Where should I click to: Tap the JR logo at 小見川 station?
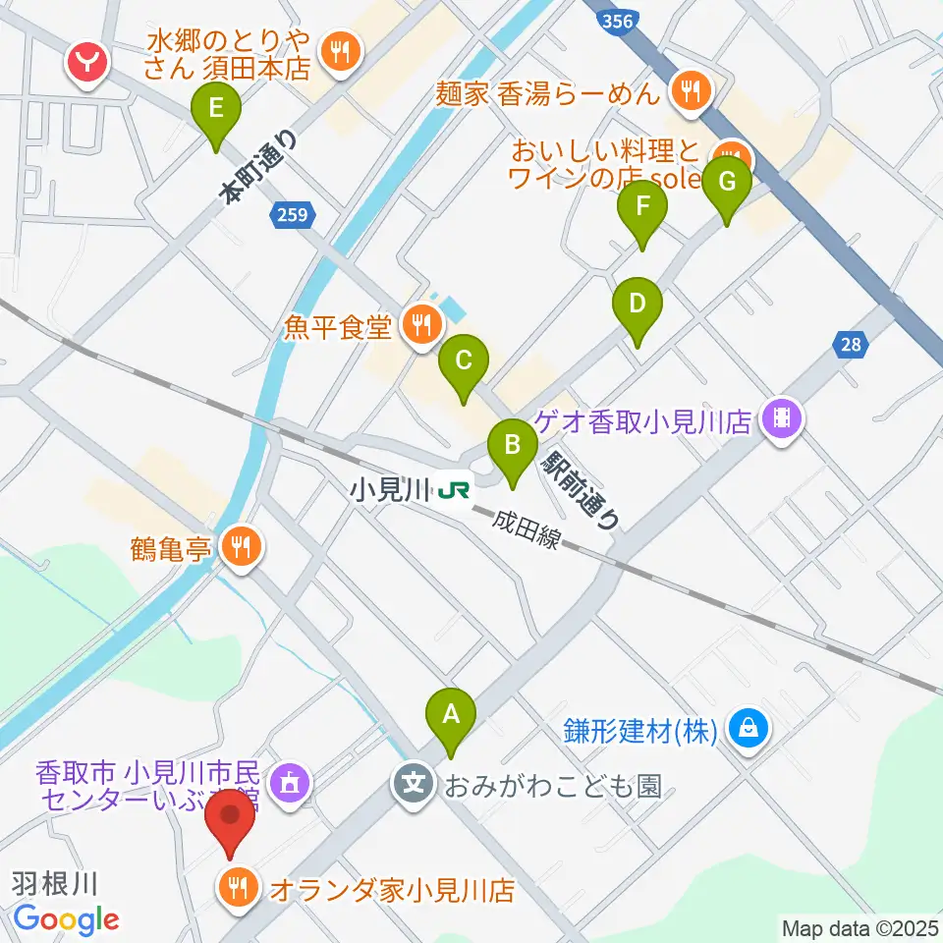pos(454,488)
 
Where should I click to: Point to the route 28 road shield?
pos(851,344)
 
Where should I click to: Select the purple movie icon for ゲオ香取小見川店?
pos(782,419)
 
